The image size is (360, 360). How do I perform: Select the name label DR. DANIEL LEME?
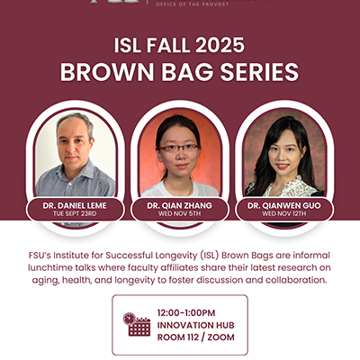75,206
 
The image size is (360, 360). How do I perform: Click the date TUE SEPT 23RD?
75,215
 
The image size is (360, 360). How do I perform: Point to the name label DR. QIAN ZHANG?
180,206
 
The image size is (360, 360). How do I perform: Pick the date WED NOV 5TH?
180,215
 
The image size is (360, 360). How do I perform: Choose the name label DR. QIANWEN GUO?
283,206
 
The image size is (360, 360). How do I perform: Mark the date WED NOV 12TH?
283,215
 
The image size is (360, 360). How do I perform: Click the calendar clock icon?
137,324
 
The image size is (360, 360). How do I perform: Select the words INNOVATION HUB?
200,324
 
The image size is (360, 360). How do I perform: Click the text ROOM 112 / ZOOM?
199,337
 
